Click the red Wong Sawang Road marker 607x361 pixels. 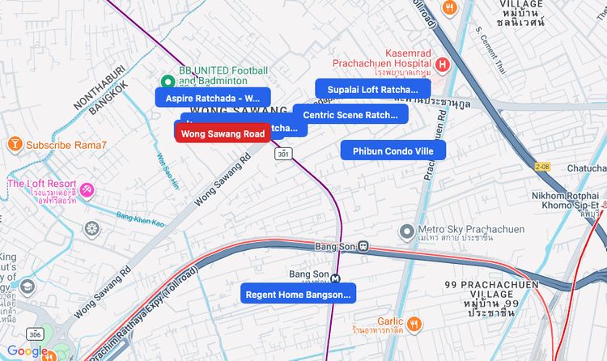click(x=223, y=134)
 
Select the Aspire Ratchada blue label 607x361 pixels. click(x=212, y=98)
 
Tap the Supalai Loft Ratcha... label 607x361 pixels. click(x=372, y=89)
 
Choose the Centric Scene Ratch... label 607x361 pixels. click(x=350, y=115)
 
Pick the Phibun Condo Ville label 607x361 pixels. click(x=393, y=151)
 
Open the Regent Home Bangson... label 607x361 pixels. click(x=299, y=295)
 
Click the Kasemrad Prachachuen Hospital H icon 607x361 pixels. click(x=442, y=64)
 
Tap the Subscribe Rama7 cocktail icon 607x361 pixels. click(x=14, y=145)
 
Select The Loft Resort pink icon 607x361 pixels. click(x=86, y=190)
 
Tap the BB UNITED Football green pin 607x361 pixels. click(x=168, y=81)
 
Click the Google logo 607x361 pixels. click(x=27, y=351)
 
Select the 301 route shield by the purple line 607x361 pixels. click(x=282, y=153)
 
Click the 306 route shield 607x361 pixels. click(x=34, y=333)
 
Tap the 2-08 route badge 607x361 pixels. click(x=542, y=166)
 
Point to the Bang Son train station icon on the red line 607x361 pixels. click(x=364, y=246)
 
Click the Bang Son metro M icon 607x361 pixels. click(x=336, y=276)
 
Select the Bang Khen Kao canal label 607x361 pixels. click(x=140, y=217)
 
